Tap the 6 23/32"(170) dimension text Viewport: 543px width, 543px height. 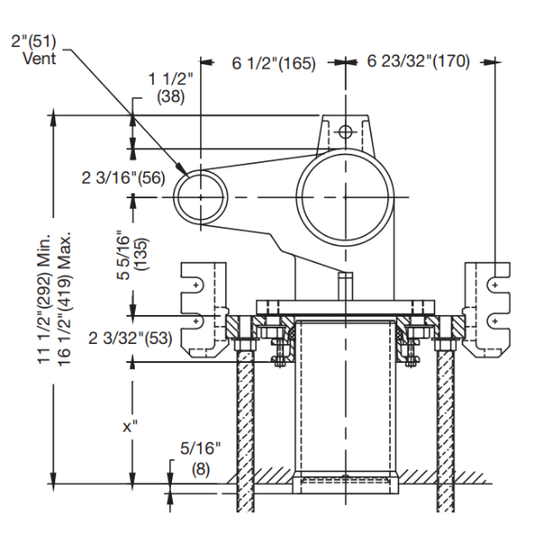(x=419, y=63)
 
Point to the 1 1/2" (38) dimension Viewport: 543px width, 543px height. (x=170, y=88)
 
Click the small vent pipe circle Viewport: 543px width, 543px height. (x=201, y=195)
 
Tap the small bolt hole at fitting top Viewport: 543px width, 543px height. (x=344, y=133)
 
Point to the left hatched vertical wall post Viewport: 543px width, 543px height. (x=244, y=425)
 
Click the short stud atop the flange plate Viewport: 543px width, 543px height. (x=344, y=284)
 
